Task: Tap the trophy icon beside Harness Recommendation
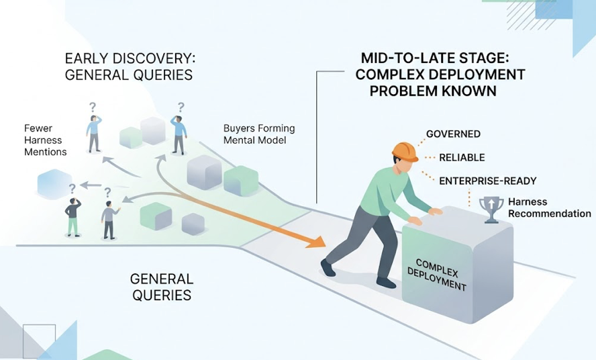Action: tap(491, 209)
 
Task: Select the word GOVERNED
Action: tap(453, 134)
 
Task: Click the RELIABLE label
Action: tap(462, 158)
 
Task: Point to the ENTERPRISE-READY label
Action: tap(488, 181)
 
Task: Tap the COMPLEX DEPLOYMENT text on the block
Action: tap(437, 275)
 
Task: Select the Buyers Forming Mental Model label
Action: tap(259, 134)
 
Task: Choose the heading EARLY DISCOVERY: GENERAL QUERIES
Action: tap(130, 66)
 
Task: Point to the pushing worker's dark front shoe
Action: tap(328, 268)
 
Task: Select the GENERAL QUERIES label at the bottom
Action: tap(161, 287)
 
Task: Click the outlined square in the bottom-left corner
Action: tap(38, 340)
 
